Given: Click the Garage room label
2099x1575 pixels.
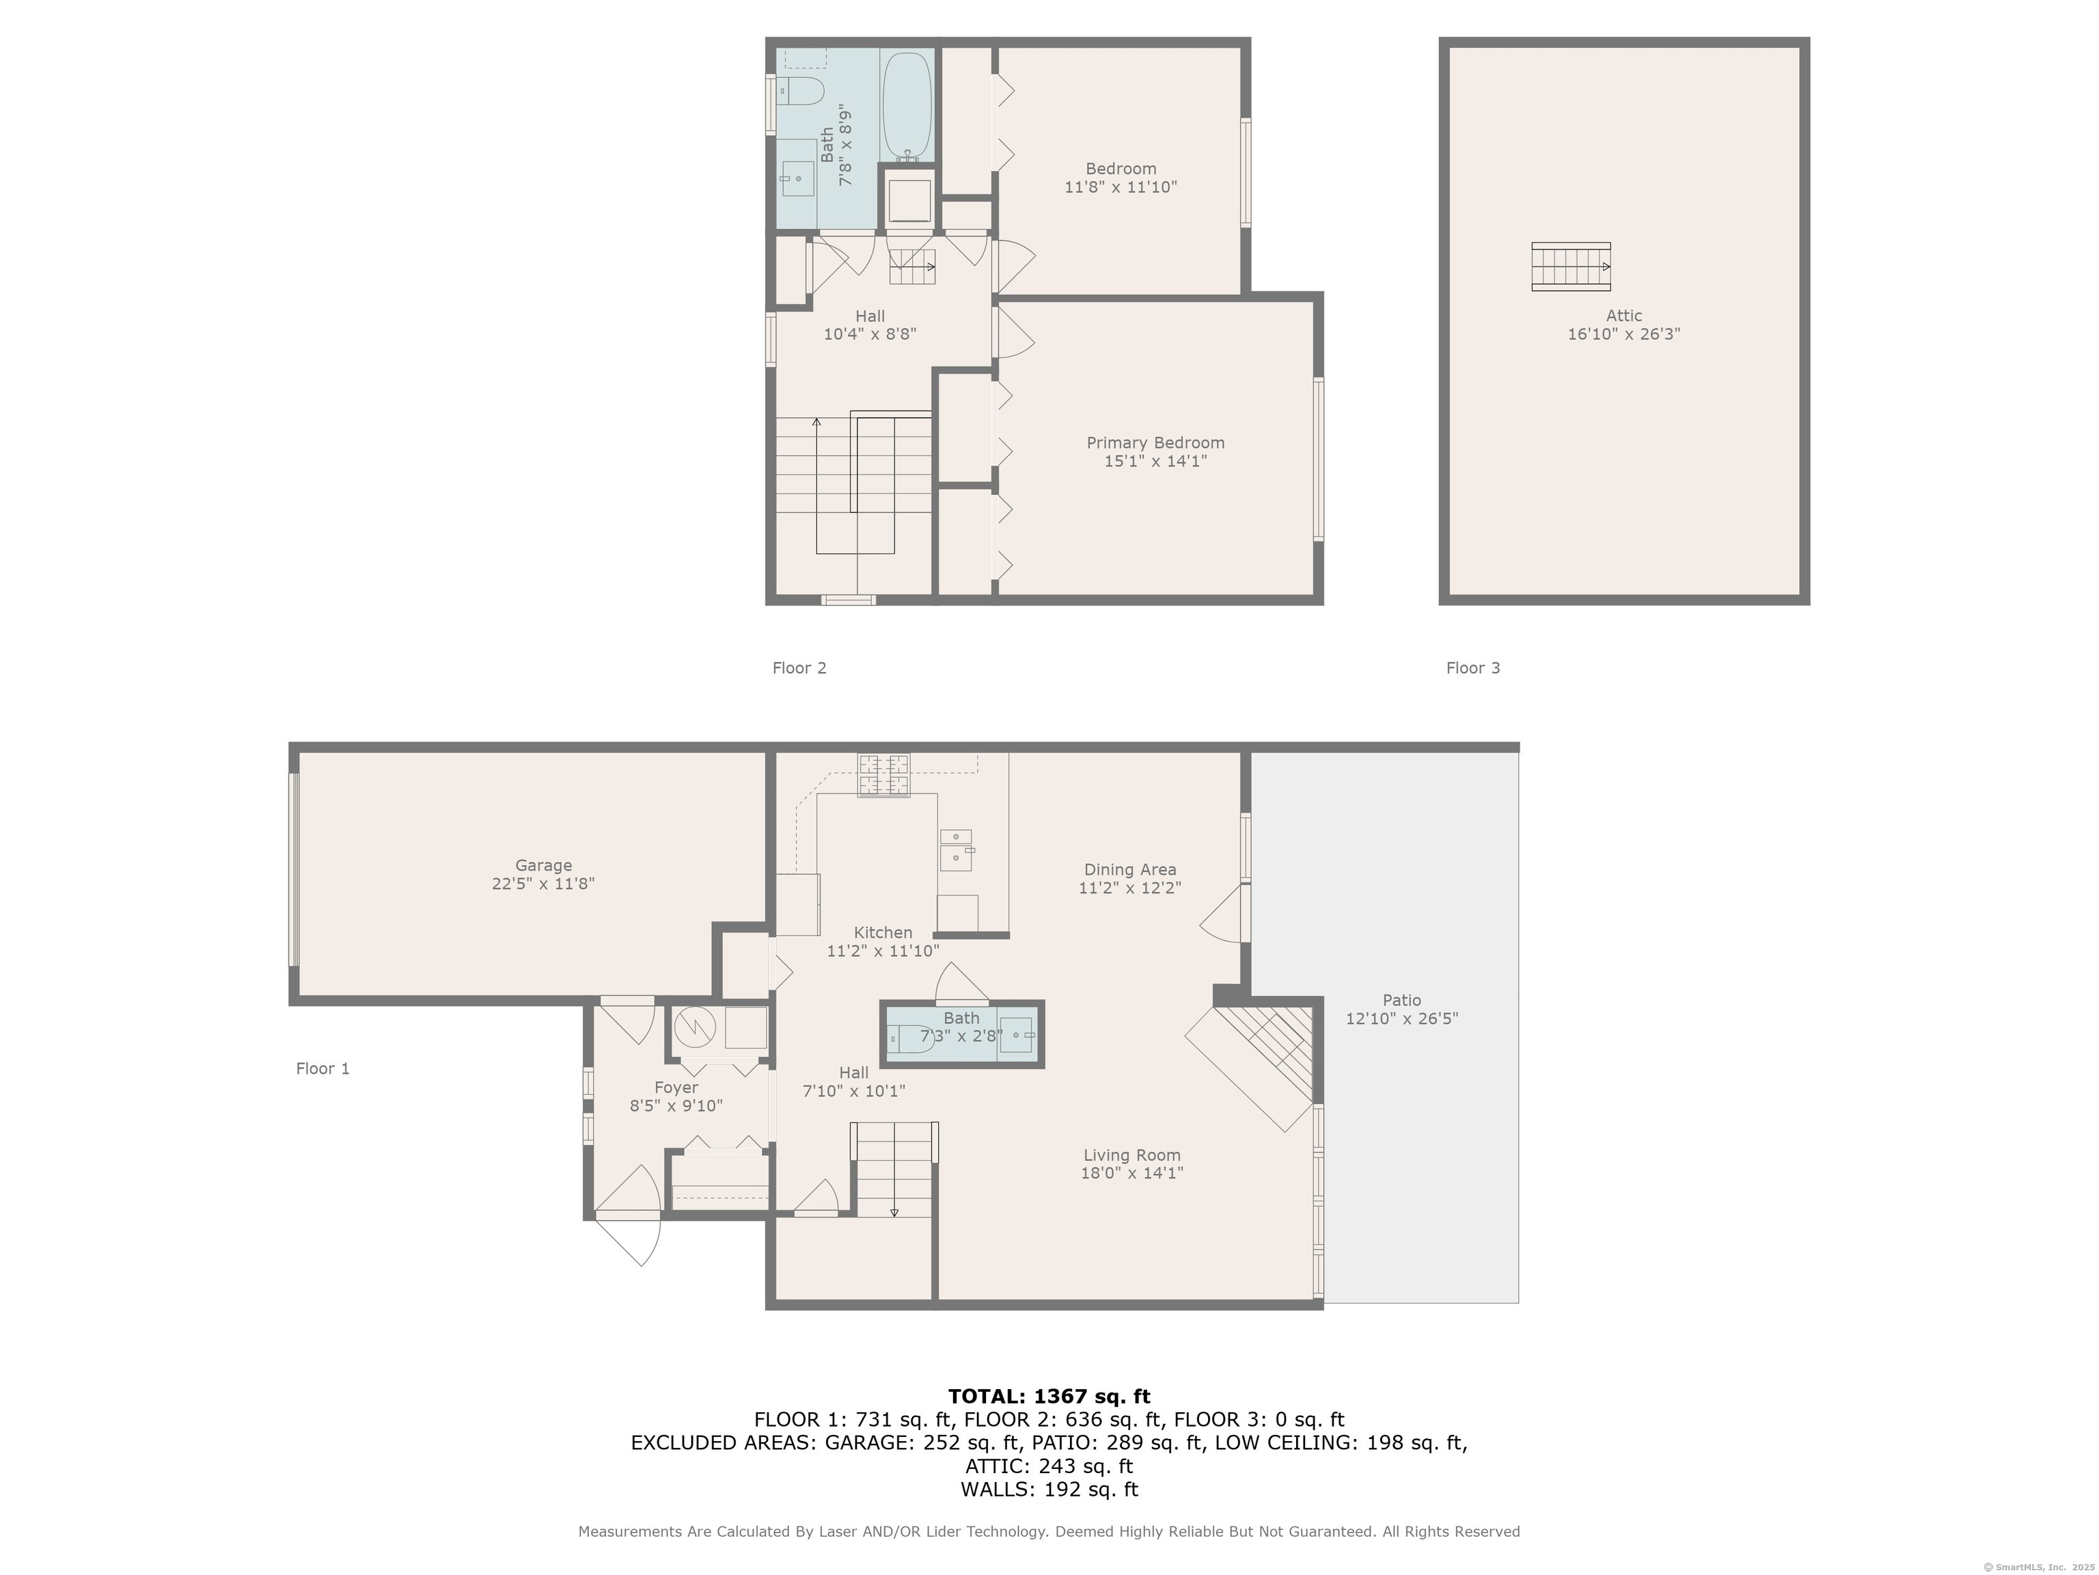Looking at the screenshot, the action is pos(543,865).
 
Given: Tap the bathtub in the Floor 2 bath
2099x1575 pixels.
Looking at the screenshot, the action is pos(907,107).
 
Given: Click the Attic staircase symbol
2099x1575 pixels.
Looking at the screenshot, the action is pos(1572,267).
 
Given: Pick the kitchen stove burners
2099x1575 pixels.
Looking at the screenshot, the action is pos(883,775).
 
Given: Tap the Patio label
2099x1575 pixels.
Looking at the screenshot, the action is pos(1401,999).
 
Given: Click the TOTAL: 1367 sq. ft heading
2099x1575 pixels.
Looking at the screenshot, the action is pos(1049,1396).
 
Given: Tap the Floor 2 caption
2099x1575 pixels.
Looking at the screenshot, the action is pos(799,667).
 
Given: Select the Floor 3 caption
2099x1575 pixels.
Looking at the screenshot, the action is pos(1472,667).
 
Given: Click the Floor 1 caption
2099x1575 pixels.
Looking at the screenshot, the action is pos(323,1068).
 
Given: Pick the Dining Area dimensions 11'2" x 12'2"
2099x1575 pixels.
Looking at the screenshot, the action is pos(1129,888).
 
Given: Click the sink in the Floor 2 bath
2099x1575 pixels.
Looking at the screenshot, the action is pos(797,178).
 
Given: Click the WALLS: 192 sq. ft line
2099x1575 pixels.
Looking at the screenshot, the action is pos(1049,1489).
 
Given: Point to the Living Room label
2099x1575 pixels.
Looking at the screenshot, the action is pos(1132,1155).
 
